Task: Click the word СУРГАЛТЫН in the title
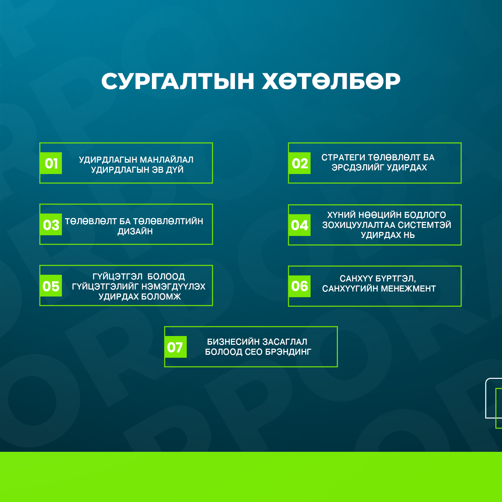tap(178, 81)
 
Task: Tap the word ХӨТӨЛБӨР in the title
tap(331, 81)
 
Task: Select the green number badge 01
tap(51, 163)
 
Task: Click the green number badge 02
tap(300, 163)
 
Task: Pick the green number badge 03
tap(51, 225)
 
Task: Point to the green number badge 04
tap(300, 225)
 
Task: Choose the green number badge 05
tap(51, 286)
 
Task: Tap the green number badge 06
tap(300, 286)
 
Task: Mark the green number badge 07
tap(175, 347)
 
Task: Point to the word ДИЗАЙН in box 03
tap(135, 231)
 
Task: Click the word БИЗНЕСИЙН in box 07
tap(234, 342)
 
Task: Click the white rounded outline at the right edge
tap(486, 398)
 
